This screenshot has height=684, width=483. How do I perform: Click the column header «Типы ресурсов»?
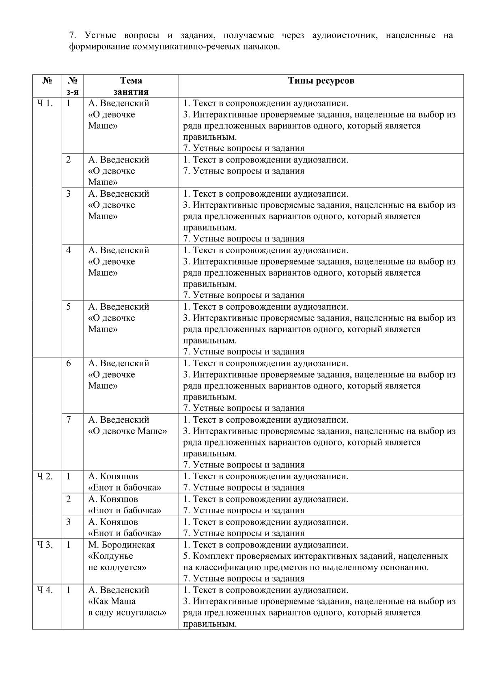click(321, 80)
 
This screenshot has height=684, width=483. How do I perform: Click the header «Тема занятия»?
click(131, 86)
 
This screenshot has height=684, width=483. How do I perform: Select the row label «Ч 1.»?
click(45, 103)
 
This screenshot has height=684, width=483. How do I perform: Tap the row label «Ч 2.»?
click(45, 476)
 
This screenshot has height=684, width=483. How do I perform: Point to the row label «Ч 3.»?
click(45, 545)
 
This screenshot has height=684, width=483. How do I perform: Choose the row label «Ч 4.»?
click(45, 590)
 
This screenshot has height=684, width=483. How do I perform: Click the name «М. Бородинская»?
click(121, 545)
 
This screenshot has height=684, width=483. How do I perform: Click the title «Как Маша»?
click(112, 601)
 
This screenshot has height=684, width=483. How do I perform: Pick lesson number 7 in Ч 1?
click(68, 419)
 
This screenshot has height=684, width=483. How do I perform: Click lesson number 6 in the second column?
click(68, 363)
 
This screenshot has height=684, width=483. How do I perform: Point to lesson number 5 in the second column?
click(68, 306)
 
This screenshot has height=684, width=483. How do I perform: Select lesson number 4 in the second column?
click(68, 250)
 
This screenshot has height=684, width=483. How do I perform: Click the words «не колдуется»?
click(117, 567)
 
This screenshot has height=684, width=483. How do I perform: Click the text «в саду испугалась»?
click(127, 612)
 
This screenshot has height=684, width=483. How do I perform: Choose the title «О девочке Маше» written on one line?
click(127, 431)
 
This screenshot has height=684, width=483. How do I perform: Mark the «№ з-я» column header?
click(73, 86)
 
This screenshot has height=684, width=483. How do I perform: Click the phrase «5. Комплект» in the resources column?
click(208, 556)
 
